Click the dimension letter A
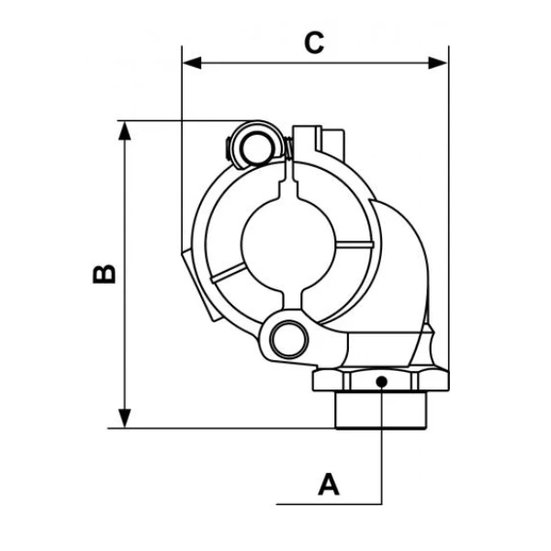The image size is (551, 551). tap(328, 483)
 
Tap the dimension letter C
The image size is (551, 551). tap(315, 42)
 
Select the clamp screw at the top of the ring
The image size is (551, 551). tap(249, 144)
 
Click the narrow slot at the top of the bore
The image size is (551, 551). tap(292, 182)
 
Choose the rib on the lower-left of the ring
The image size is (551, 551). tap(227, 272)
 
